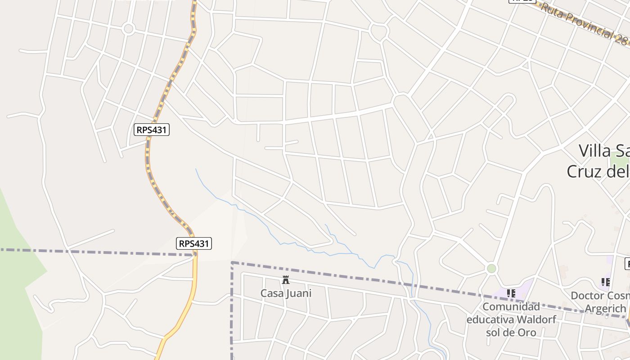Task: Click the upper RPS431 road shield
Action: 152,130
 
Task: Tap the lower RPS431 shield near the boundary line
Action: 193,244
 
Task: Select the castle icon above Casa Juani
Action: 285,280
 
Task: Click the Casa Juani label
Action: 286,293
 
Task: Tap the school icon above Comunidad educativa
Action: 511,293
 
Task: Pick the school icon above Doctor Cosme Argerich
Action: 605,282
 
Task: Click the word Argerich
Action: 605,309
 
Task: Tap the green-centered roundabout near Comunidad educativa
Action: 491,269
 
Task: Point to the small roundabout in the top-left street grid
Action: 129,29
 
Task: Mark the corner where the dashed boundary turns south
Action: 232,262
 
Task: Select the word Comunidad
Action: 511,306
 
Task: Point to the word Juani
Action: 298,293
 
